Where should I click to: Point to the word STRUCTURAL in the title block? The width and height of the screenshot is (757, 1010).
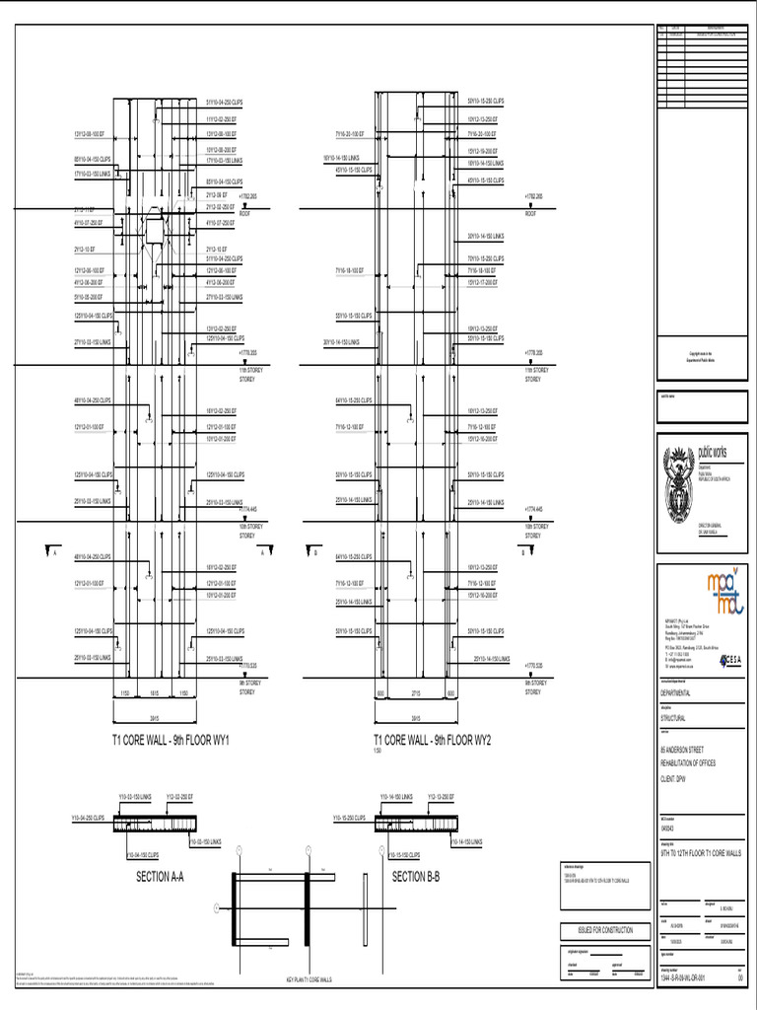674,719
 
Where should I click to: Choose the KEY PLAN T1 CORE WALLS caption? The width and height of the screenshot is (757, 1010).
309,979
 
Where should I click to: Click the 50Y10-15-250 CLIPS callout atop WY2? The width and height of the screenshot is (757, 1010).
485,102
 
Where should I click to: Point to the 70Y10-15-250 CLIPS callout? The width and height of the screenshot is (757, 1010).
485,258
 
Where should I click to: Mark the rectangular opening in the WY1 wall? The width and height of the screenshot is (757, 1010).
156,229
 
